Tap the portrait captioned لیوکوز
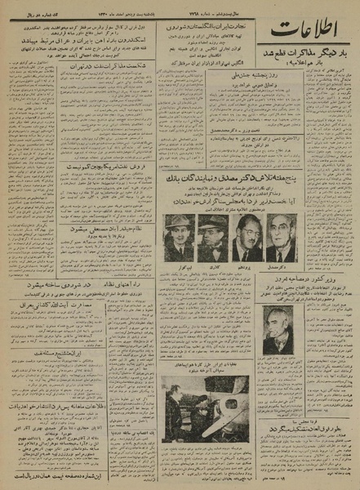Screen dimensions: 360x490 tap(177, 237)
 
